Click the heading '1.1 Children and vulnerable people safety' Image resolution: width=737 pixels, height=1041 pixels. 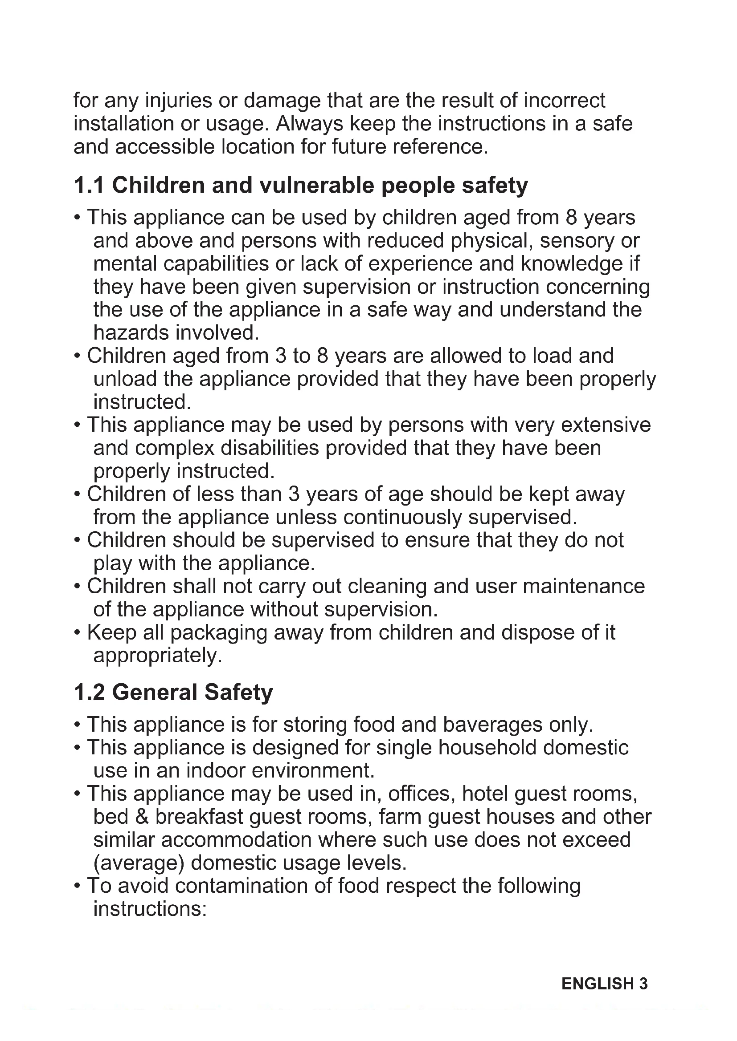[300, 186]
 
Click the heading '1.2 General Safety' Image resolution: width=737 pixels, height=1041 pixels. [173, 693]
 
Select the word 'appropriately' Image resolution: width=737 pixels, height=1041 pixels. [157, 656]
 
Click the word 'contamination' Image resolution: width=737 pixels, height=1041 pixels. [241, 886]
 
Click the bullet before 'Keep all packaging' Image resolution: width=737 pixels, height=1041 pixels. [77, 632]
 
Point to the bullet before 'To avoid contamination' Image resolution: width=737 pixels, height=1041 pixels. [77, 886]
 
